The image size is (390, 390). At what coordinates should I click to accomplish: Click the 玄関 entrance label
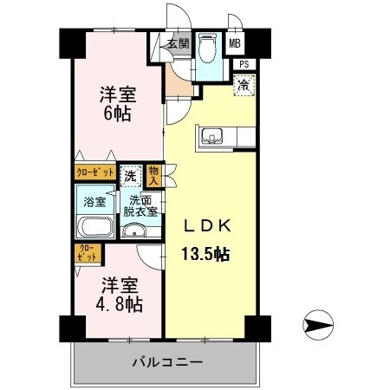click(x=178, y=44)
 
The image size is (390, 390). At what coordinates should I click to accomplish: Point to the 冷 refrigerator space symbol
click(x=244, y=85)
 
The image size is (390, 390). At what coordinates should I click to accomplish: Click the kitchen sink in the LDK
click(x=212, y=135)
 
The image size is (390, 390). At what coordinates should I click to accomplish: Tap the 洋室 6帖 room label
click(x=116, y=103)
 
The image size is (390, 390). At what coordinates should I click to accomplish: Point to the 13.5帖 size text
click(x=205, y=254)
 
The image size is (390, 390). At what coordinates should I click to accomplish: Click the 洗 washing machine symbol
click(x=130, y=173)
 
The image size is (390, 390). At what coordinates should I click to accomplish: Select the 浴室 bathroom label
click(x=94, y=202)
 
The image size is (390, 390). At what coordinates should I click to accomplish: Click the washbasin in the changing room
click(x=133, y=232)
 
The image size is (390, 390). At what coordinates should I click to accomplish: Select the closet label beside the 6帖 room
click(x=94, y=172)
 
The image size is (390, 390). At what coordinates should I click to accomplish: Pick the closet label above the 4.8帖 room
click(x=88, y=254)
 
